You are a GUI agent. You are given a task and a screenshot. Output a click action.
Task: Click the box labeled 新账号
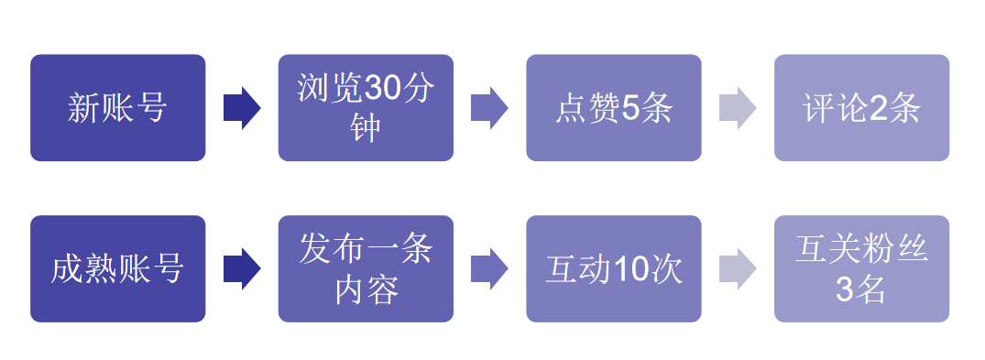coord(117,108)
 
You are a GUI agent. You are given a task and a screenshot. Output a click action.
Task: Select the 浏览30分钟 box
coord(366,108)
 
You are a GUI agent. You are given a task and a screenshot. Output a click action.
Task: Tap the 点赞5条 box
coord(613,108)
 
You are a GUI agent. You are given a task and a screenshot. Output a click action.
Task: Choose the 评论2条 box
coord(861,108)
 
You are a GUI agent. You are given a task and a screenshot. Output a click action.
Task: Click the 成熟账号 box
coord(117,268)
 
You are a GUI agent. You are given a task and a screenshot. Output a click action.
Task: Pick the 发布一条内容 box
coord(366,268)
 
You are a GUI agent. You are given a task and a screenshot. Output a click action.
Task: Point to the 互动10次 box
coord(613,268)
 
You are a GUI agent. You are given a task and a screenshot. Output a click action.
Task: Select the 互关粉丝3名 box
coord(861,268)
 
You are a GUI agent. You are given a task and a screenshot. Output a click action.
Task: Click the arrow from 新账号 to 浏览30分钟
coord(241,108)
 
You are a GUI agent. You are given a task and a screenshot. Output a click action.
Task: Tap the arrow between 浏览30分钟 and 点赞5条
coord(489,108)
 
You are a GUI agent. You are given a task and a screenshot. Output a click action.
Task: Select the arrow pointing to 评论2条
coord(738,108)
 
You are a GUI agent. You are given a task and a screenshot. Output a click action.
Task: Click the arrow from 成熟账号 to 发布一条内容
coord(241,268)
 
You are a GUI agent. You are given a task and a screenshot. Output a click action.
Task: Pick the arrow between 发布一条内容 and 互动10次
coord(489,268)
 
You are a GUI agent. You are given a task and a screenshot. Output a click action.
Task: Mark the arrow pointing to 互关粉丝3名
coord(738,268)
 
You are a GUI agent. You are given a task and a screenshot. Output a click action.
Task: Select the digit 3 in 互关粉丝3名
coord(845,289)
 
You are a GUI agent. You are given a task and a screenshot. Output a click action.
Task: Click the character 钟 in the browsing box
coord(366,128)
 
